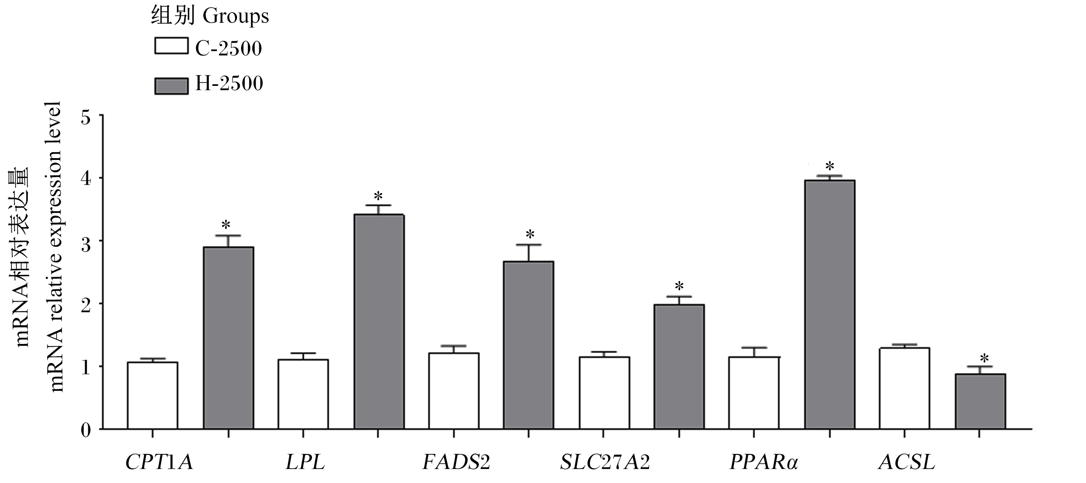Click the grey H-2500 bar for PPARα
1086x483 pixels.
[830, 304]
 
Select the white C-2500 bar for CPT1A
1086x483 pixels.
[152, 395]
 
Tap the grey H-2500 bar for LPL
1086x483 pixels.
[379, 322]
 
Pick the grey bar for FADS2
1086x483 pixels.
[528, 345]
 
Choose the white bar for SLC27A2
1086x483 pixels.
[604, 393]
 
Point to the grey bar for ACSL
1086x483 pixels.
[980, 402]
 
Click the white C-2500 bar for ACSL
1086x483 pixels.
[904, 388]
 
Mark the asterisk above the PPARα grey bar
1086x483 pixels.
[830, 165]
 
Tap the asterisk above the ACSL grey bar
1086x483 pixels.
[984, 358]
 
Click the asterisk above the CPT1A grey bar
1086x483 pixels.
[226, 225]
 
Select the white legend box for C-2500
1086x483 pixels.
[171, 46]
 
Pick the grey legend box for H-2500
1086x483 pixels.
[171, 86]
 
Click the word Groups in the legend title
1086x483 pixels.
[236, 17]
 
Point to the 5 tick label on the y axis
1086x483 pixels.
[86, 118]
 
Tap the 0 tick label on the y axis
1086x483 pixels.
[86, 430]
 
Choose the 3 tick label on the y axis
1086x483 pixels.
[86, 241]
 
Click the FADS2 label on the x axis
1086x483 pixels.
[456, 463]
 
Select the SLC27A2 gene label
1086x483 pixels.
[605, 463]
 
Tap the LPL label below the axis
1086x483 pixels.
[306, 463]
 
